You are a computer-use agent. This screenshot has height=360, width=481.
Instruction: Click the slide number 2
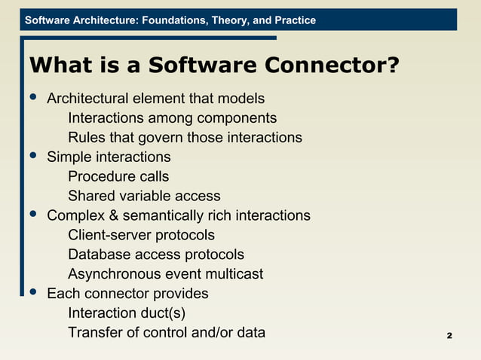click(449, 335)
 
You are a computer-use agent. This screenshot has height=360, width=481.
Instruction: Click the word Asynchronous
click(113, 274)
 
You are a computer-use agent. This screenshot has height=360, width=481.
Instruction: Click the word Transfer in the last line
click(93, 333)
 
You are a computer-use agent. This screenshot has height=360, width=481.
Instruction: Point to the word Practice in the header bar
click(296, 20)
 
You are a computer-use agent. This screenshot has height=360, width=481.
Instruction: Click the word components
click(237, 118)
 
